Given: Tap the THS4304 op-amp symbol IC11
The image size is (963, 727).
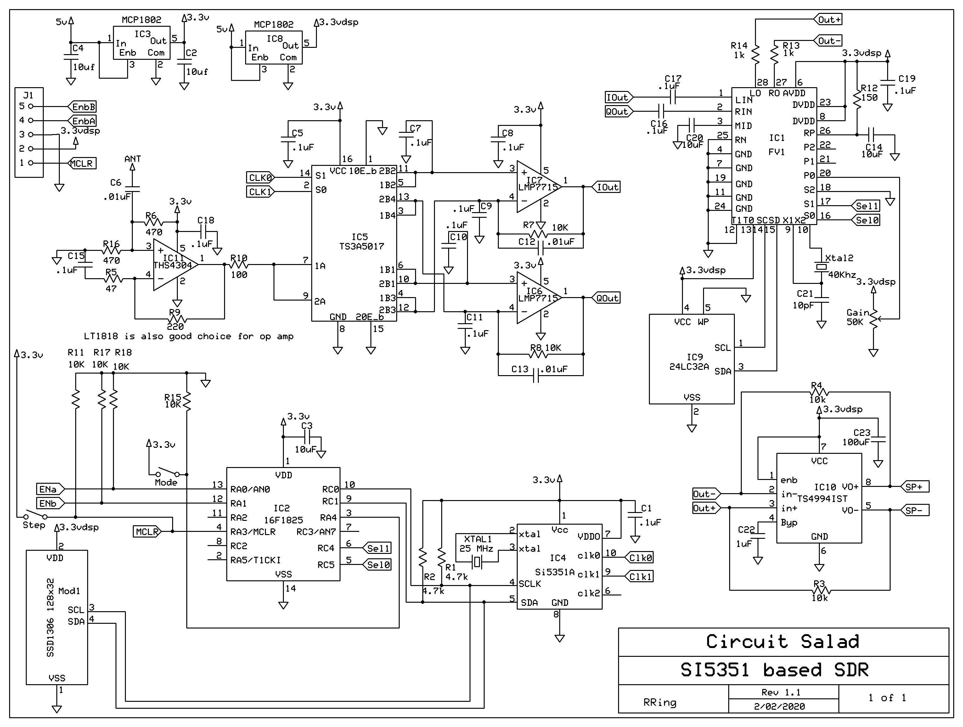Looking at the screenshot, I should tap(174, 264).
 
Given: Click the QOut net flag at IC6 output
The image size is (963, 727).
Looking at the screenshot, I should tap(606, 298).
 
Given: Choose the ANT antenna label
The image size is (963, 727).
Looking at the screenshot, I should tap(132, 159).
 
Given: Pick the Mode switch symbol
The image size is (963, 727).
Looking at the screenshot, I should tap(168, 473).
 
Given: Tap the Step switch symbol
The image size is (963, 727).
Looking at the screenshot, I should tap(35, 516).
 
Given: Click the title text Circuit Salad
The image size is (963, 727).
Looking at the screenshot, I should tap(782, 642).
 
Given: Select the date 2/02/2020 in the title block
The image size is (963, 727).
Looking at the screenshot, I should tap(779, 706).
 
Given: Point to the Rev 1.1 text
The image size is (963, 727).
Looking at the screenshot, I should tap(780, 692).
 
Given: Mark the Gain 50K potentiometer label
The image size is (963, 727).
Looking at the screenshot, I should tap(857, 317).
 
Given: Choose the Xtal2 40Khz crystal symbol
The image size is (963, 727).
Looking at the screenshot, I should tap(821, 267).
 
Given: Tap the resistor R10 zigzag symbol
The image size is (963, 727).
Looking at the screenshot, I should tap(239, 264).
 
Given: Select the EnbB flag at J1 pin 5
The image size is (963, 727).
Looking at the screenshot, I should tap(82, 107).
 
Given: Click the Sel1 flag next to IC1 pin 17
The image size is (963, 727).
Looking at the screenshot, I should tap(866, 206).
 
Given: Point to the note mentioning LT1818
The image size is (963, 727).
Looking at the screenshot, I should tap(189, 336).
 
